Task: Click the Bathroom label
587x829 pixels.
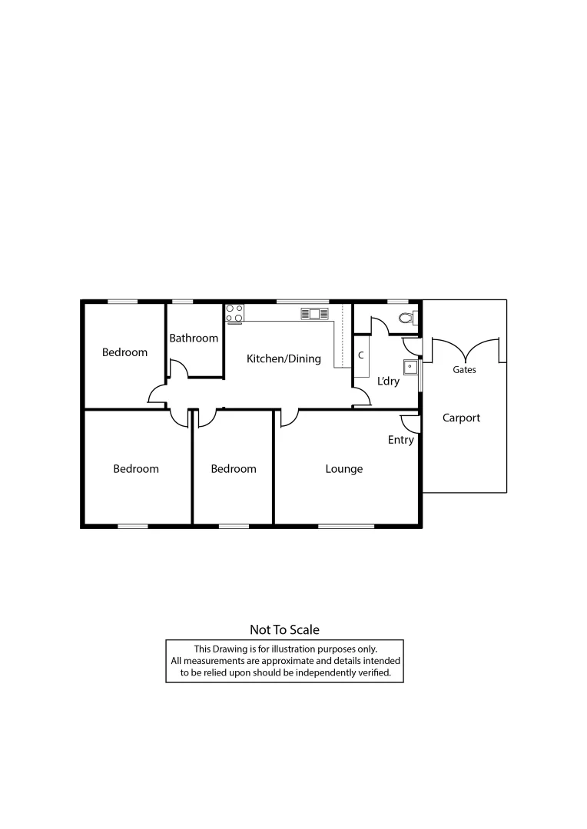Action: click(194, 338)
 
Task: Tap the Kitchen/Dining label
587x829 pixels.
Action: click(284, 358)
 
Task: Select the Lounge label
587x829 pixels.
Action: click(343, 469)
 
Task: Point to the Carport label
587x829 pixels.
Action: click(461, 418)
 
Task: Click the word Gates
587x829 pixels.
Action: click(464, 370)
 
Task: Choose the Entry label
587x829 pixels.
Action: click(400, 440)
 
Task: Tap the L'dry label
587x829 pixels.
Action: click(388, 381)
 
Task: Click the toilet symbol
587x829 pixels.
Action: click(406, 318)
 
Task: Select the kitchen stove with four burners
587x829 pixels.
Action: click(234, 313)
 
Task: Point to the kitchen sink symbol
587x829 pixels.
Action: click(315, 313)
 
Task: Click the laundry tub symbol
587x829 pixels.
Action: click(410, 366)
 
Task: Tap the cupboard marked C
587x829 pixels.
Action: click(361, 356)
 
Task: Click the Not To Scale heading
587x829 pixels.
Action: click(284, 629)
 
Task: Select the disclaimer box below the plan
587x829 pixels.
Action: click(284, 661)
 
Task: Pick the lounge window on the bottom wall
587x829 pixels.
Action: click(346, 526)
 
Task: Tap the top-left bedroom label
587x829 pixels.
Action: click(124, 352)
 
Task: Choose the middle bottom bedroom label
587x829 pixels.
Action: click(233, 469)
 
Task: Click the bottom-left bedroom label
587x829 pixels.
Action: click(136, 469)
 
